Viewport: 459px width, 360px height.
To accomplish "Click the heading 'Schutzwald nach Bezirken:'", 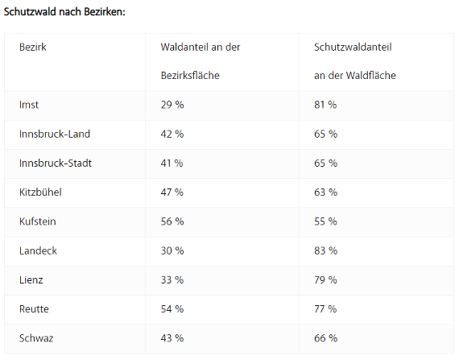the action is coord(64,12).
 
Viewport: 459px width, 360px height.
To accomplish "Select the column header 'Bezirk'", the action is coord(33,48).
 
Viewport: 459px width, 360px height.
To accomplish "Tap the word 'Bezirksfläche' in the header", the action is coord(190,76).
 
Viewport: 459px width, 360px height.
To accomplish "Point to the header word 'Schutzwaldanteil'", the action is coord(353,48).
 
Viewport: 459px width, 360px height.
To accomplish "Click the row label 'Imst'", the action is coord(29,105).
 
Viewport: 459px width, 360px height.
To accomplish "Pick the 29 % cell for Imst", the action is coord(172,105).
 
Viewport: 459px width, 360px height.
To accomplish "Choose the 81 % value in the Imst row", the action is coord(325,105).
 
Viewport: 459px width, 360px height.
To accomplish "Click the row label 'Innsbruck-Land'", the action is coord(55,134).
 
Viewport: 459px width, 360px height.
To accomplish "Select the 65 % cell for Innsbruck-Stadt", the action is coord(325,163).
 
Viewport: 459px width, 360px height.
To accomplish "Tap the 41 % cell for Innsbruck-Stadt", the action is coord(172,163).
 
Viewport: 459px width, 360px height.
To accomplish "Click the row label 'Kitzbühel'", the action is coord(40,192).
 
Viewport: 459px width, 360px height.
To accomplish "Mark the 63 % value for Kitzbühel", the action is coord(325,192).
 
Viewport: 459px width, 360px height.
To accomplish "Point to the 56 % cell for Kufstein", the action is coord(172,221).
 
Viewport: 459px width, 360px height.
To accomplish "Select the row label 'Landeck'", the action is coord(38,250).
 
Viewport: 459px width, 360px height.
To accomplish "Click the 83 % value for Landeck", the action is coord(325,250).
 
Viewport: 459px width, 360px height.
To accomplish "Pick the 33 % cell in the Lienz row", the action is coord(172,279).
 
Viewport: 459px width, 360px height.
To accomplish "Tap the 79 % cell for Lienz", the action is coord(325,279).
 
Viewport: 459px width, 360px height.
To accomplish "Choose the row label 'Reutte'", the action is coord(34,309).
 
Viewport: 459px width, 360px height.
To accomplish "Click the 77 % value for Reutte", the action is coord(325,309).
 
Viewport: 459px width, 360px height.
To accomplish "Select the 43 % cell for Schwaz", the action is coord(172,338).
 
